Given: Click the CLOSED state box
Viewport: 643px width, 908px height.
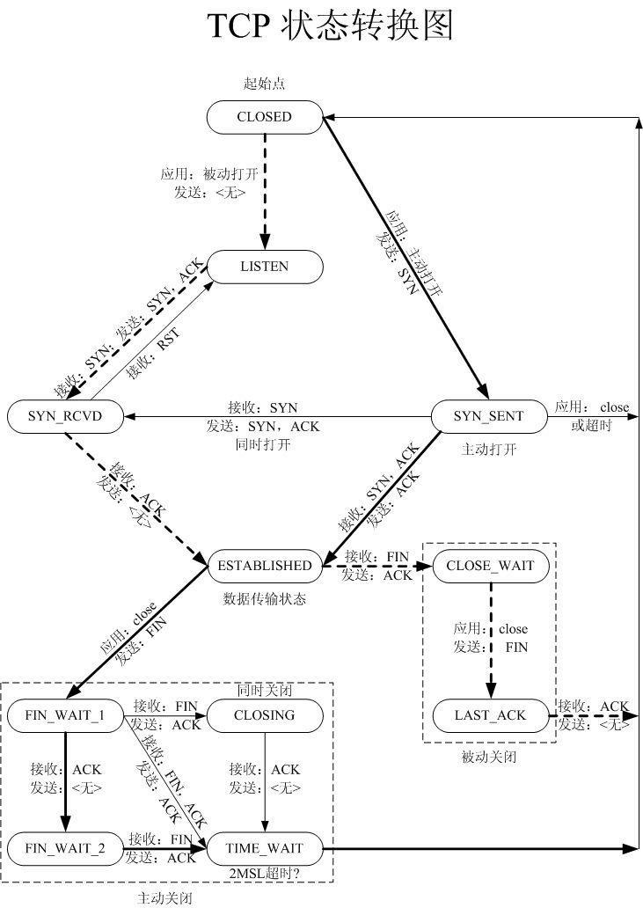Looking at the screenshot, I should tap(264, 117).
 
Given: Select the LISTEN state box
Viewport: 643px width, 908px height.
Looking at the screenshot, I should tap(264, 267).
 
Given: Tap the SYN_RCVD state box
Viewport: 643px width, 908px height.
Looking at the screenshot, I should tap(64, 417).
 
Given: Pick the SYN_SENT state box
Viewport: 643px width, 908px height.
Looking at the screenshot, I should tap(488, 417).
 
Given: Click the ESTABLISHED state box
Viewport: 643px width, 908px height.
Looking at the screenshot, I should tap(264, 566).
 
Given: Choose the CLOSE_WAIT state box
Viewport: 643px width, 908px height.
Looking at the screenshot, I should tap(490, 566).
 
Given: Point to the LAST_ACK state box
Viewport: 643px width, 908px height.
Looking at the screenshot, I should tap(490, 715).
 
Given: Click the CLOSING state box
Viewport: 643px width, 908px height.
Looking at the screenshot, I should tap(264, 715).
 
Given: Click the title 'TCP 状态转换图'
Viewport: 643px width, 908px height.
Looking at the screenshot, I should tap(330, 27).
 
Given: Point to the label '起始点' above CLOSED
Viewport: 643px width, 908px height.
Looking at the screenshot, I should tap(264, 84).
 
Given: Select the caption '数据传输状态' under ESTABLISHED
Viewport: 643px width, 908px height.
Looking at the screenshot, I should tap(264, 599).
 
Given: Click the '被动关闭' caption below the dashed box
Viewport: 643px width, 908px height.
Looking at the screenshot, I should tap(489, 757).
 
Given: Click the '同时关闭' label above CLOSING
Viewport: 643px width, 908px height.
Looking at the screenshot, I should tap(264, 691).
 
